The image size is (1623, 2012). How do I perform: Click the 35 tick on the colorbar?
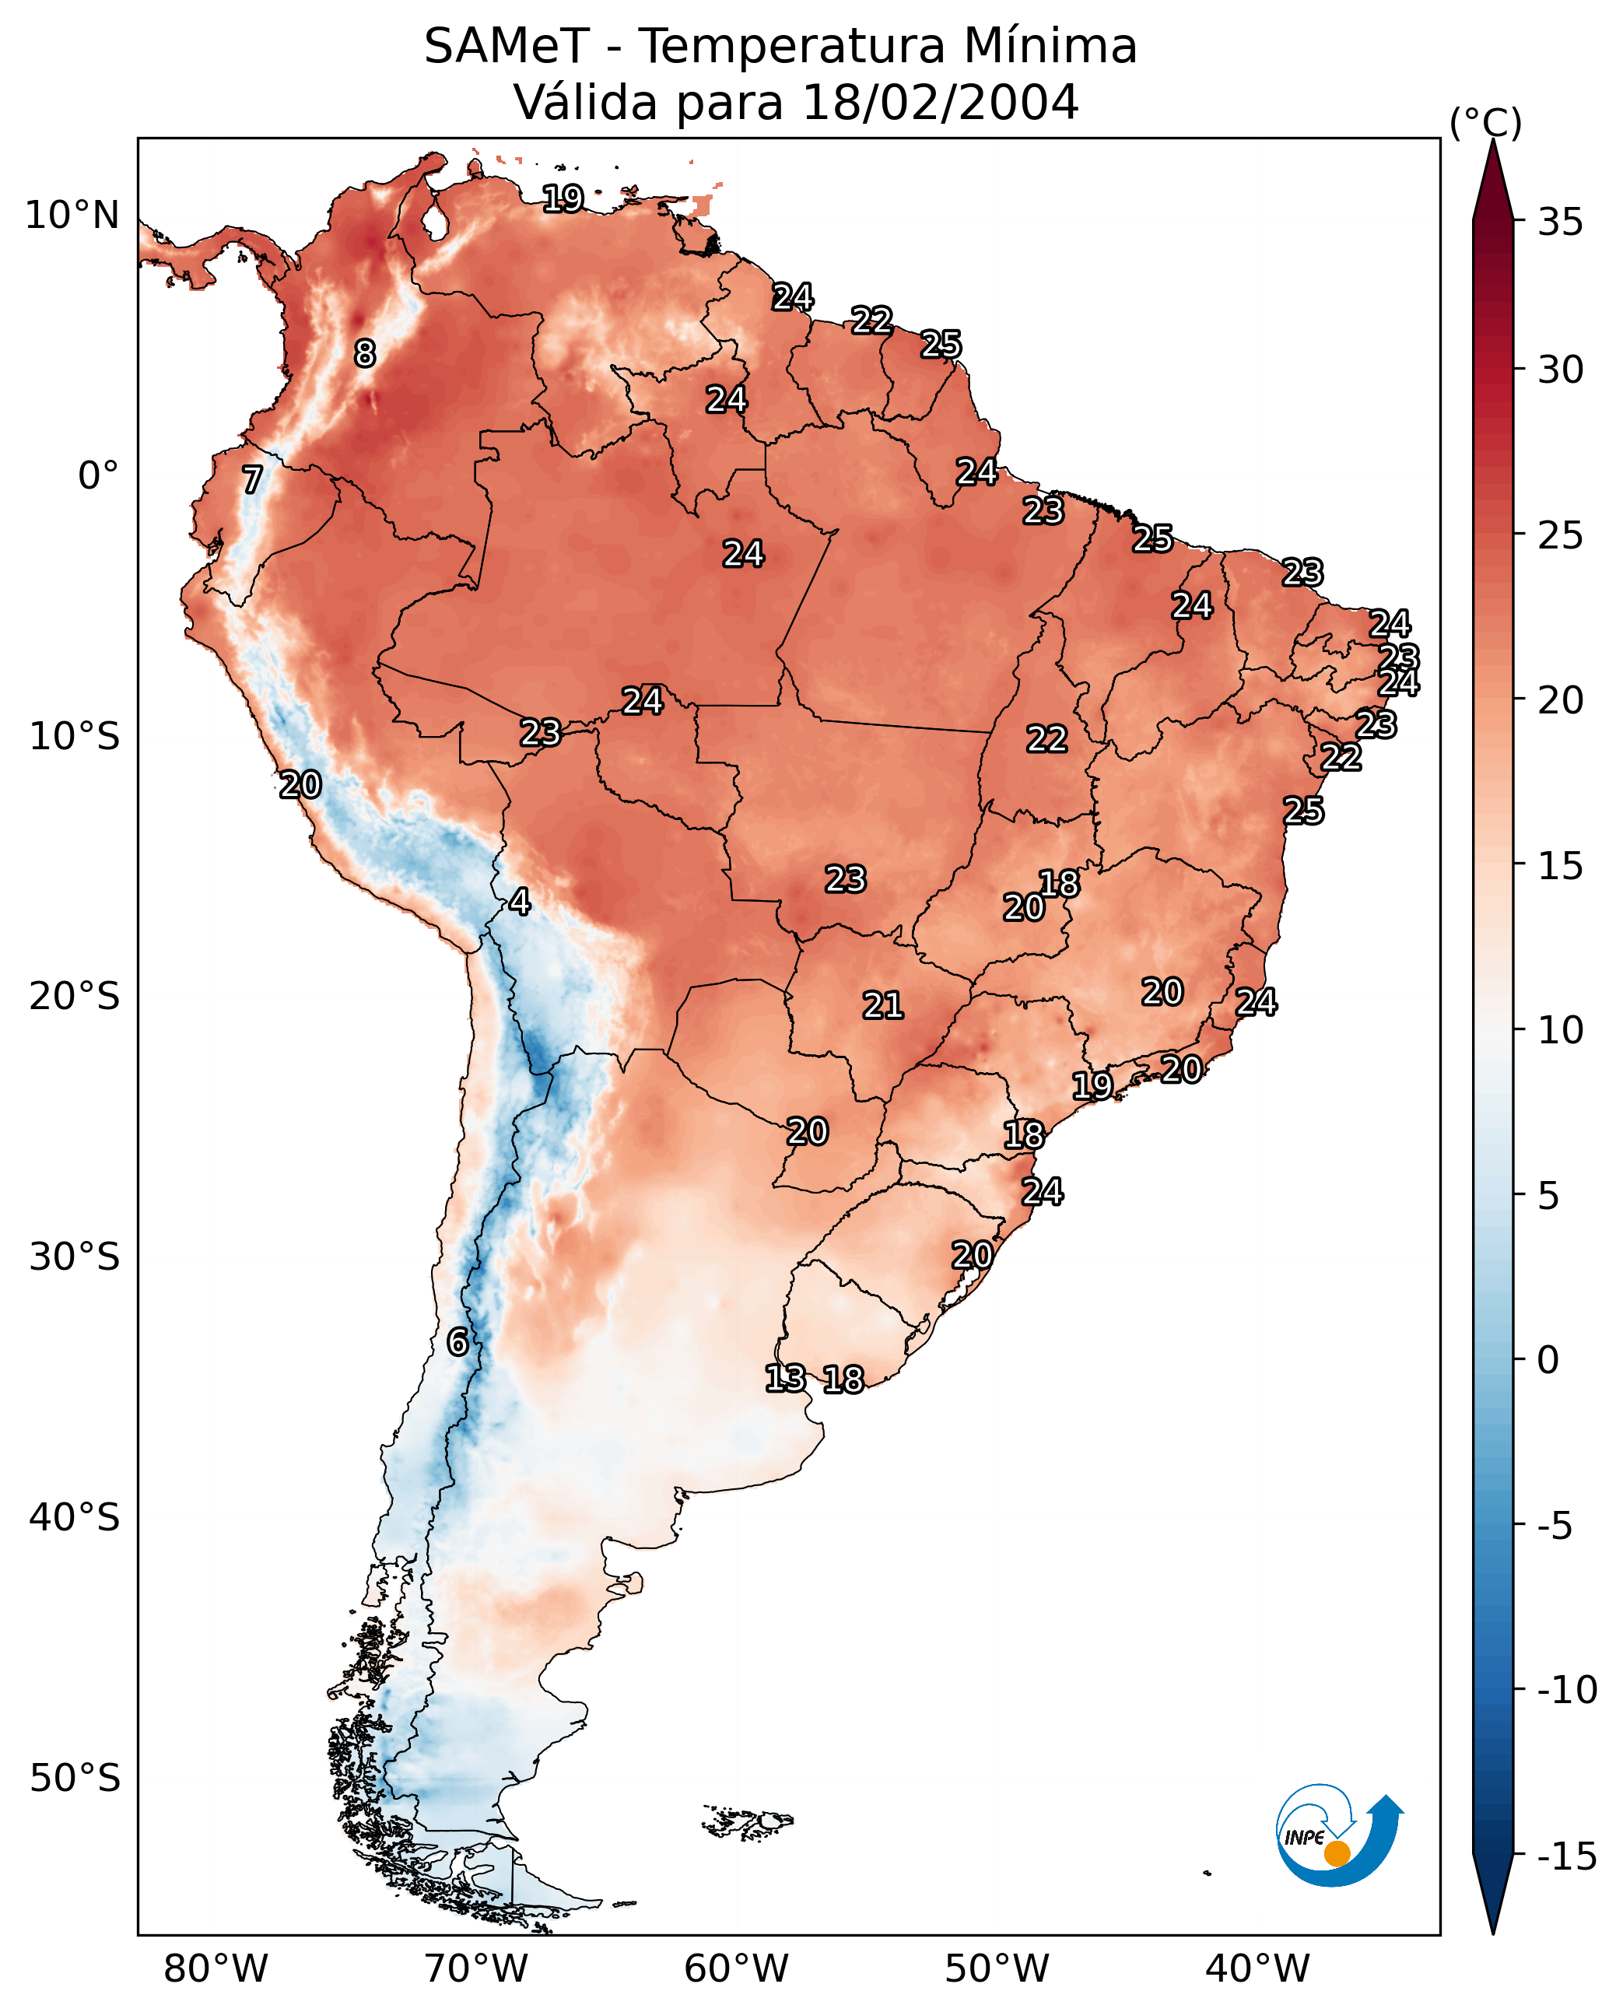click(x=1560, y=223)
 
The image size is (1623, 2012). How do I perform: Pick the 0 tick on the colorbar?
click(x=1548, y=1360)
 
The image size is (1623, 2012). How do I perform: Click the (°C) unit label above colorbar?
click(x=1485, y=122)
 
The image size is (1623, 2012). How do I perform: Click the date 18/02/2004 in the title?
click(x=941, y=102)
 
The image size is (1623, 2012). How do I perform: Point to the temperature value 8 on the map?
click(x=365, y=353)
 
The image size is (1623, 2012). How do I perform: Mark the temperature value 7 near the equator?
click(x=252, y=479)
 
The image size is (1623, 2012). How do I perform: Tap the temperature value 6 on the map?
click(x=457, y=1341)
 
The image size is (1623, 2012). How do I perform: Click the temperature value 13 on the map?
click(x=785, y=1377)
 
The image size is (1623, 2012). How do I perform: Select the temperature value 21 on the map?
click(x=882, y=1005)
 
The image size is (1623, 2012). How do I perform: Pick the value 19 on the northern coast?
click(x=564, y=198)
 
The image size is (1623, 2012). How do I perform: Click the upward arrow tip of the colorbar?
click(x=1493, y=140)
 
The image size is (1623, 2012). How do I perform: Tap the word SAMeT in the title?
click(x=507, y=46)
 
